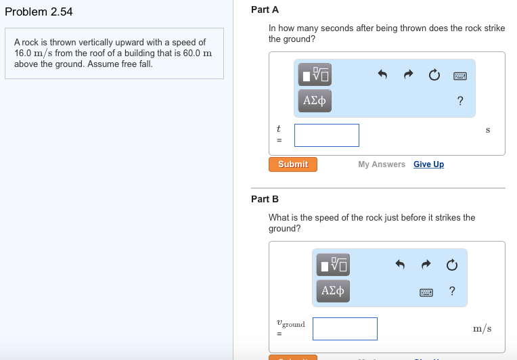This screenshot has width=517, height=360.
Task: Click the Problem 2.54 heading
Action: tap(39, 12)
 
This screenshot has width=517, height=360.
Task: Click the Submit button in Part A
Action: tap(293, 164)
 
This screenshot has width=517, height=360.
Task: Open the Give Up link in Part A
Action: tap(428, 164)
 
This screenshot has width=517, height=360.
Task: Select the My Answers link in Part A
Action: tap(382, 164)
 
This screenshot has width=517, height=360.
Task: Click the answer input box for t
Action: tap(327, 135)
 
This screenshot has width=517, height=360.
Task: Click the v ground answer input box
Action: tap(345, 329)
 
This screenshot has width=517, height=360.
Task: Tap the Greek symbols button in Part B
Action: tap(332, 291)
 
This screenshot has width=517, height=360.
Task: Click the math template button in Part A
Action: tap(315, 74)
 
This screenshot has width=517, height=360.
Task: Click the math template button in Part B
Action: tap(332, 264)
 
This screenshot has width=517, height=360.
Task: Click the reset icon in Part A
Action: tap(434, 75)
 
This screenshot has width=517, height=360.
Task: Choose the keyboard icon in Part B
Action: tap(426, 292)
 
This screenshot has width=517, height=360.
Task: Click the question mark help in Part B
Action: tap(452, 292)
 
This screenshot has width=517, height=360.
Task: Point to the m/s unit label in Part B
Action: tap(482, 329)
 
